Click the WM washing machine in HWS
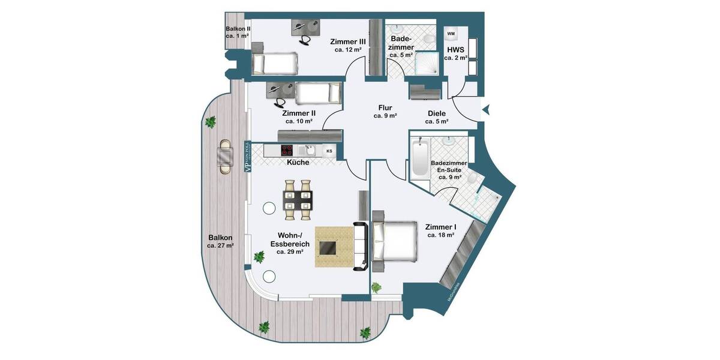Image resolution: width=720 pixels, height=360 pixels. (451, 34)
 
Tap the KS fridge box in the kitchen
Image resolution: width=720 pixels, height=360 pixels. (329, 151)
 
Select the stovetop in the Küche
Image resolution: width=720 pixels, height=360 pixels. (288, 151)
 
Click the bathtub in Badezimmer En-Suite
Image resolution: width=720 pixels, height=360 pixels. (419, 160)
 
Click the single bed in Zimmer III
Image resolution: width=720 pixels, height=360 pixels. (275, 62)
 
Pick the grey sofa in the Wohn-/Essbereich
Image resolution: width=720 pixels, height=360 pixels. (361, 246)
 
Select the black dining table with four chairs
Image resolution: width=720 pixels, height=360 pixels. (298, 199)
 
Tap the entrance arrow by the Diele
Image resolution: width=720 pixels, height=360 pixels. (487, 109)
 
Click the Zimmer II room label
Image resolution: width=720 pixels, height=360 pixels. (298, 116)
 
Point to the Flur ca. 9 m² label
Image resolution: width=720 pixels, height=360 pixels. (385, 112)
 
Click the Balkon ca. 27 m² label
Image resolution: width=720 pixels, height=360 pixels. (220, 241)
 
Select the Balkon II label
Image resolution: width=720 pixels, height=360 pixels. (238, 32)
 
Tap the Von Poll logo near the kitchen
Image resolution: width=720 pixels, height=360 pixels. (246, 157)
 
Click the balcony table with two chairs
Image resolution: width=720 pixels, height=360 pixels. (226, 157)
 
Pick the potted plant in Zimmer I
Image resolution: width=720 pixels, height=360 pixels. (377, 287)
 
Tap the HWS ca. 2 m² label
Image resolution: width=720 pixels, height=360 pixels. (456, 53)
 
